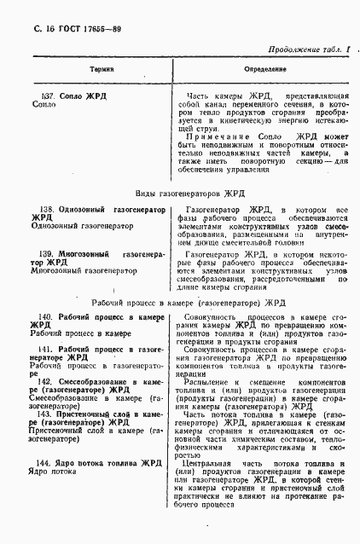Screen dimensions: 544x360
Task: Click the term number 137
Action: [x=48, y=95]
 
